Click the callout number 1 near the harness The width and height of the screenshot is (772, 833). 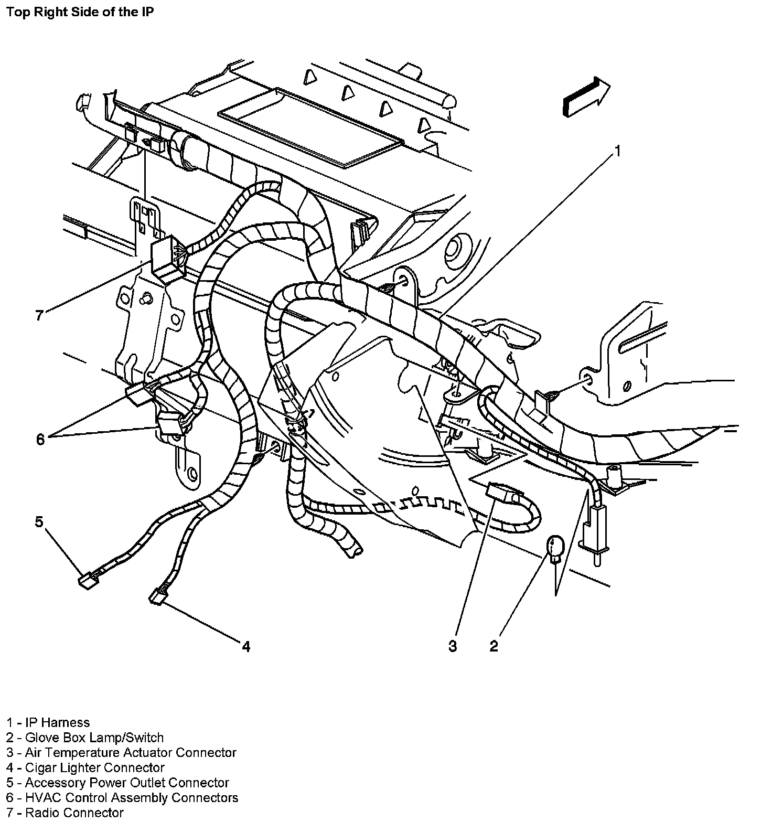tap(617, 152)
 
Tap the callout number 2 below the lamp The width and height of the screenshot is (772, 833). tap(494, 646)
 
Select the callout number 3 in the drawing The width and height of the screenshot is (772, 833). tap(453, 646)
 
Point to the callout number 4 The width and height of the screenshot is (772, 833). tap(245, 646)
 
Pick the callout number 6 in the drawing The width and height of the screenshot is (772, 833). tap(40, 439)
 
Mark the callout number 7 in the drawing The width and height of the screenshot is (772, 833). tap(39, 315)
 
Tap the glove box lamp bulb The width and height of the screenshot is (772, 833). tap(554, 548)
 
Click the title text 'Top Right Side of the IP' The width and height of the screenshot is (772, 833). tap(80, 12)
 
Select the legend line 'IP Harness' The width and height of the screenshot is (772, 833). tap(48, 722)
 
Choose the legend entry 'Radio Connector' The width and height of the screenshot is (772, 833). tap(65, 813)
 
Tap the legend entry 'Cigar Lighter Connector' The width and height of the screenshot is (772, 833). tap(85, 767)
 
